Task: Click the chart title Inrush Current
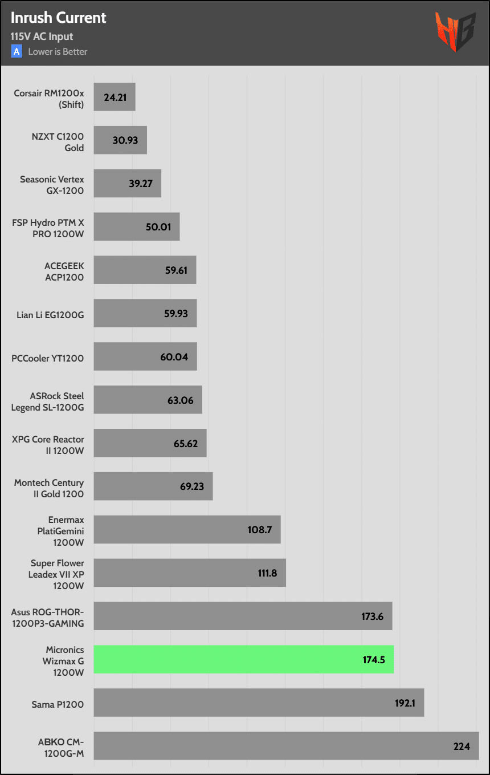[x=58, y=18]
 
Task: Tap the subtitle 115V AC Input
[x=42, y=36]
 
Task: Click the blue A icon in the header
[x=17, y=51]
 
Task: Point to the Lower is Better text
[x=58, y=52]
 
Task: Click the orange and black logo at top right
[x=455, y=32]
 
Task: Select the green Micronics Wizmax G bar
[x=243, y=659]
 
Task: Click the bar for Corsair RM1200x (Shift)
[x=114, y=97]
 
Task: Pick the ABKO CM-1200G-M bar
[x=286, y=746]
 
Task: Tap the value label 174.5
[x=374, y=660]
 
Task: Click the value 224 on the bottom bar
[x=462, y=746]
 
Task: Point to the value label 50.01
[x=158, y=227]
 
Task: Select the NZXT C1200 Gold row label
[x=58, y=142]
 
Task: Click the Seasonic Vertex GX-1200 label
[x=52, y=185]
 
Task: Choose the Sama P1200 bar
[x=259, y=703]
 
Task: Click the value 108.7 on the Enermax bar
[x=259, y=530]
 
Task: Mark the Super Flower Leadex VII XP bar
[x=189, y=573]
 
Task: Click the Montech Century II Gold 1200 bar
[x=153, y=486]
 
